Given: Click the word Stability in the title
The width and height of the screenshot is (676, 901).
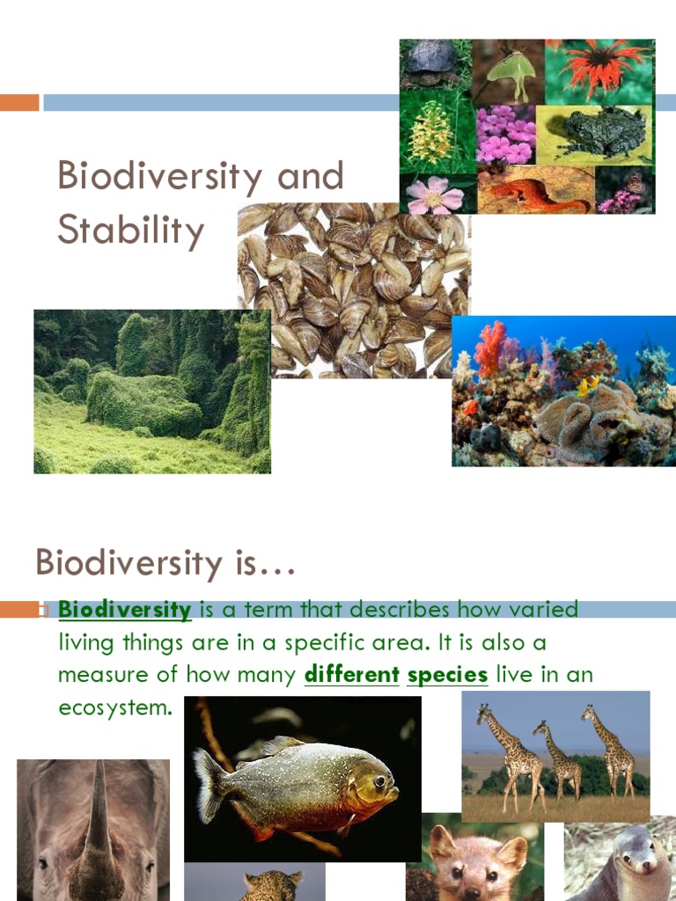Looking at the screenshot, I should pos(130,231).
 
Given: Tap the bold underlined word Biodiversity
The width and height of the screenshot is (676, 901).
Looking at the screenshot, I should pos(124,610).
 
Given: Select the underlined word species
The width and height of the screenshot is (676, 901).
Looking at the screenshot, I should pos(447,675).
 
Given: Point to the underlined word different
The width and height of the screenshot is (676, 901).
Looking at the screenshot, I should pos(351,675).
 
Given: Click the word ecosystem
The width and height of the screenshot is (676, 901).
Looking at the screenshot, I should pos(114,707).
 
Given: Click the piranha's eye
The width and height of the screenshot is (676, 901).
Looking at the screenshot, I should pos(378,780).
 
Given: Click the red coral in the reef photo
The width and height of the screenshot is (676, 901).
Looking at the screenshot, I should pos(489,348).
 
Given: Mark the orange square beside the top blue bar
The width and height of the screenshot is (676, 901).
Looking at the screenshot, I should pos(19,103).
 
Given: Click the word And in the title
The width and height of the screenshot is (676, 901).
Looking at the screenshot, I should pos(309,176).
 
